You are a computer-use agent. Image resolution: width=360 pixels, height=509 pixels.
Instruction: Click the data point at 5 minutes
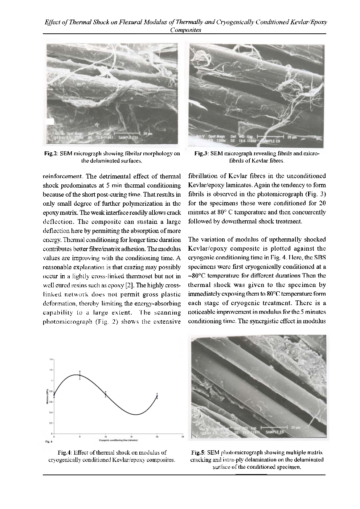(x=80, y=375)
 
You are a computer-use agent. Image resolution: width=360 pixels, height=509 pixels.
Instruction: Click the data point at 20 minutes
(x=157, y=396)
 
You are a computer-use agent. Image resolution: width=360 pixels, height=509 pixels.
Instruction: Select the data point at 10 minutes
(x=106, y=394)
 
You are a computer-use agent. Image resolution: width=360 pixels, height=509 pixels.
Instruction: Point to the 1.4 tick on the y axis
(x=52, y=359)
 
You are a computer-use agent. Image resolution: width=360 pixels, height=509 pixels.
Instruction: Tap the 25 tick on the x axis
(x=183, y=437)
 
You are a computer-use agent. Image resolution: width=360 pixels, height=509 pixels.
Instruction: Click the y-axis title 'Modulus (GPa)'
(x=48, y=397)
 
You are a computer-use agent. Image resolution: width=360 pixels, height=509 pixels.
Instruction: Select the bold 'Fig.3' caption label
(x=201, y=154)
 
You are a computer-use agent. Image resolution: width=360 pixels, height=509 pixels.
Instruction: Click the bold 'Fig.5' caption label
(x=198, y=453)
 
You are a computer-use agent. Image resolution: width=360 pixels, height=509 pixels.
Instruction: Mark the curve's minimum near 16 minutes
(x=136, y=414)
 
